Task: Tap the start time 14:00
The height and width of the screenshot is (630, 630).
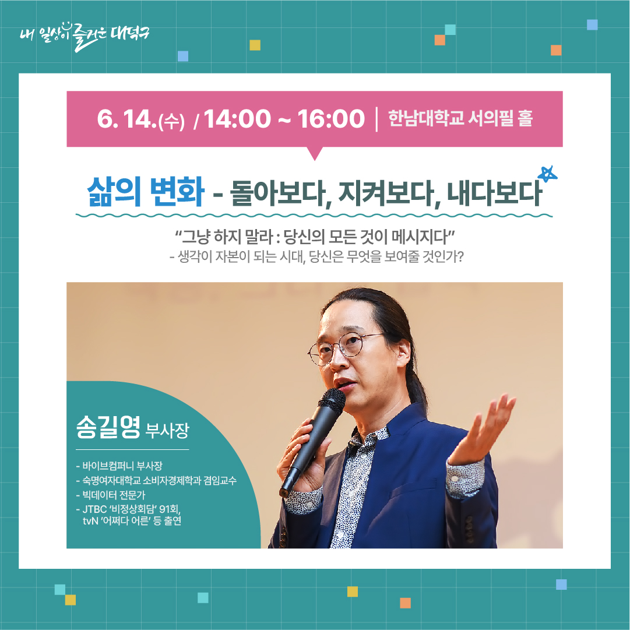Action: point(238,118)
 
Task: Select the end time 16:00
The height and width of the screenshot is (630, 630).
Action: point(331,118)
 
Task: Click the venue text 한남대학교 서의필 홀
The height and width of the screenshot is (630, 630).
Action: point(460,118)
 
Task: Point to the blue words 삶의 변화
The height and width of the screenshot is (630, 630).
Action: point(146,191)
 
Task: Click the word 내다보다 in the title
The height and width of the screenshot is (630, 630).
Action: point(495,193)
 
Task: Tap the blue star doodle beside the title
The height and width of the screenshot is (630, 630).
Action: point(548,174)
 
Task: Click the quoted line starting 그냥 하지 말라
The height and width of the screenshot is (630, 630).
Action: point(315,237)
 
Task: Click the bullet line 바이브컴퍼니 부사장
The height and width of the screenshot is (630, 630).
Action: point(119,466)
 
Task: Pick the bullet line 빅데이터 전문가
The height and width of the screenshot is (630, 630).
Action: point(111,495)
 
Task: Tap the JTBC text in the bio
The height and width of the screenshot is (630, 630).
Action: point(94,509)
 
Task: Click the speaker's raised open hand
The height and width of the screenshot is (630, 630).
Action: point(482,430)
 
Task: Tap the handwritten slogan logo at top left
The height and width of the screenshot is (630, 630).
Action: point(85,36)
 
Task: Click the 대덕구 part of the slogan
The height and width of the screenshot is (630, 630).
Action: point(129,34)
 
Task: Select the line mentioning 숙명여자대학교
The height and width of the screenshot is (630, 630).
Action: point(156,480)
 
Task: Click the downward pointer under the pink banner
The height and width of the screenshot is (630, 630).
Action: point(315,153)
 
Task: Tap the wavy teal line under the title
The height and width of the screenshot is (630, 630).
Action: point(314,216)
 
